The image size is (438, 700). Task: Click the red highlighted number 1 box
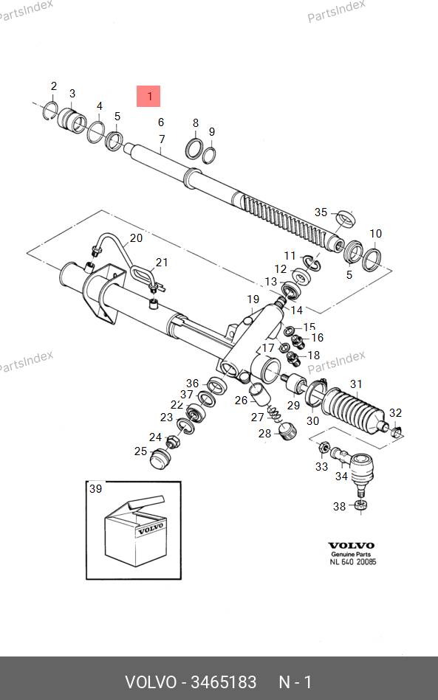(x=148, y=96)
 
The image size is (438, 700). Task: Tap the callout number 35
(x=321, y=212)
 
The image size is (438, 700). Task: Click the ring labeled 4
(x=96, y=132)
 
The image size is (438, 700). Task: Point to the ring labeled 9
(x=209, y=155)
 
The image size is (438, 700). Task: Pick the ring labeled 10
(x=372, y=260)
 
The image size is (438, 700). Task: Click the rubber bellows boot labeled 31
(x=353, y=411)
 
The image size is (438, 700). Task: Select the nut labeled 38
(x=360, y=505)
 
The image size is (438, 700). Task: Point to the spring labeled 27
(x=275, y=413)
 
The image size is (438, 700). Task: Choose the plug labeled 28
(x=287, y=431)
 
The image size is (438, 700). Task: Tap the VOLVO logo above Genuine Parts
(x=352, y=545)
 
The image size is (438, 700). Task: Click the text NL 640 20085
(x=353, y=562)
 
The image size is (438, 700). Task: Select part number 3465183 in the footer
(x=224, y=682)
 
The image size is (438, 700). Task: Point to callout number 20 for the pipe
(x=136, y=238)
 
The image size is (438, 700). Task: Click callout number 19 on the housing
(x=253, y=299)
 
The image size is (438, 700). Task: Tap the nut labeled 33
(x=324, y=446)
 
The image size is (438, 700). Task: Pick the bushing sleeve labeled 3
(x=72, y=119)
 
